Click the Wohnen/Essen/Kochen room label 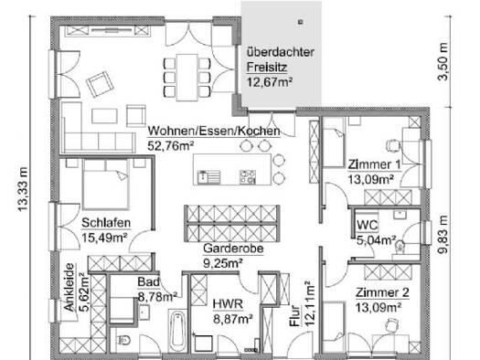(x=214, y=132)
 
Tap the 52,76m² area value (x=170, y=146)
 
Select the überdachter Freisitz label (x=281, y=59)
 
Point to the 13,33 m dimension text (x=23, y=189)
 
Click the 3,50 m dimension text (x=443, y=62)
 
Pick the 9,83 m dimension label (x=443, y=235)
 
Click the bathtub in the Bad (x=177, y=331)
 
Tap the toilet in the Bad (x=124, y=340)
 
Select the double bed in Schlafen (x=106, y=185)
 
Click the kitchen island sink (x=208, y=176)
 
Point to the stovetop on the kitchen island (x=248, y=176)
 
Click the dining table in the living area (x=187, y=78)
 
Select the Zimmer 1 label (x=374, y=164)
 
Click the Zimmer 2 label (x=382, y=292)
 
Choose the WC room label (x=368, y=226)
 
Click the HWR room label (x=228, y=304)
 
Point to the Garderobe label (x=233, y=248)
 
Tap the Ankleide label (x=69, y=287)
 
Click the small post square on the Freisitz (x=301, y=22)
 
